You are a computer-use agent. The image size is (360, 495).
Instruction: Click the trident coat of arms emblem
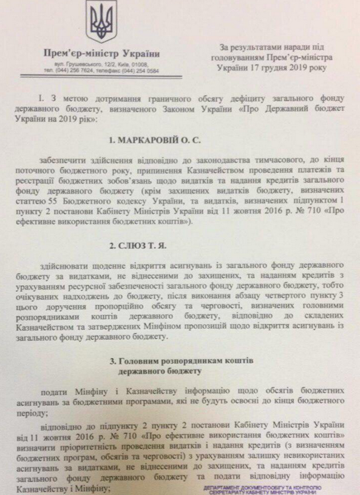[97, 21]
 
